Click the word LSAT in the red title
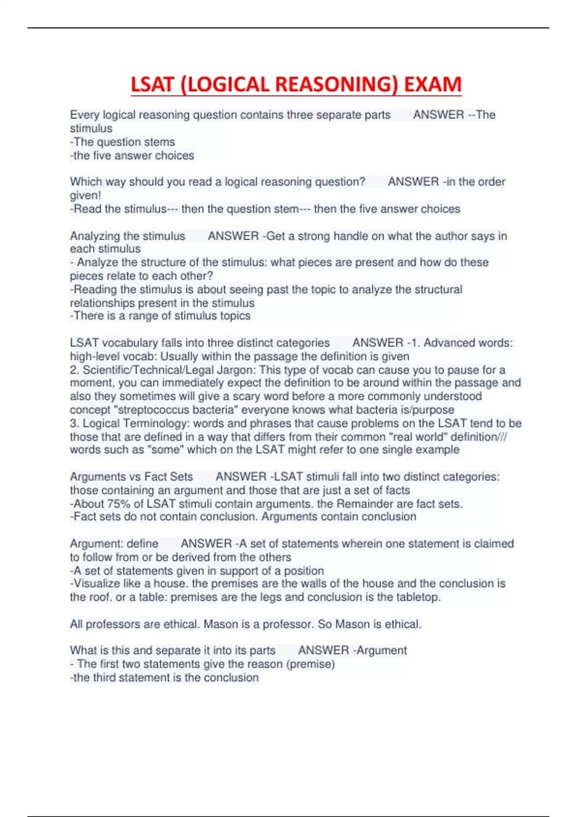point(152,85)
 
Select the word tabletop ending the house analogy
point(418,597)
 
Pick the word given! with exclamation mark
point(86,196)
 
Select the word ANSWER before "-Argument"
point(324,650)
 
